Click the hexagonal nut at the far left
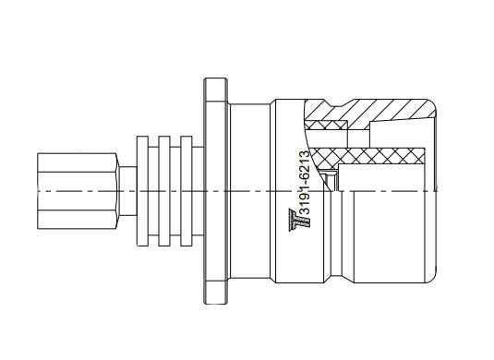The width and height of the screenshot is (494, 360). click(78, 191)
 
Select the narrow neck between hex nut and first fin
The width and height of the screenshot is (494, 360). click(128, 191)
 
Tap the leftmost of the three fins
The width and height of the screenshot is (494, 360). click(142, 191)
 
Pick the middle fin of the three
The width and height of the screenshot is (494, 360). click(164, 191)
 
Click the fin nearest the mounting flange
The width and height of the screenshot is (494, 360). click(187, 191)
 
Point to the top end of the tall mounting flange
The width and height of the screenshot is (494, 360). click(216, 78)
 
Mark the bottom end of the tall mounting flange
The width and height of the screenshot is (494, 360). click(216, 303)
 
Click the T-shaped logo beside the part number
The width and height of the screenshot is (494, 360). click(299, 220)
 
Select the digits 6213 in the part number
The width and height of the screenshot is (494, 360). click(304, 166)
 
